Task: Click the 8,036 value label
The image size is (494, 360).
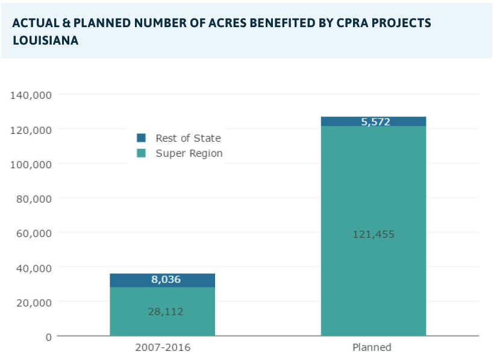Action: [166, 280]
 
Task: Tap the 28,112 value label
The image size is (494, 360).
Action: [166, 312]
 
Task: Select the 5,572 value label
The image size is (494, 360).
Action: [376, 122]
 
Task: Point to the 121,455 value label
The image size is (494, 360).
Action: [374, 234]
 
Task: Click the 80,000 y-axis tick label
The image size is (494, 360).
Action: [34, 198]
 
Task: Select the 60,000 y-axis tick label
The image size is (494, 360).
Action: [34, 233]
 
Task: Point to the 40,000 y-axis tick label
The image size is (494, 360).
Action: [34, 267]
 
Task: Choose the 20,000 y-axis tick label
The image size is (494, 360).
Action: [34, 302]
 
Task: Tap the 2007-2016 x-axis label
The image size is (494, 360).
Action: [162, 347]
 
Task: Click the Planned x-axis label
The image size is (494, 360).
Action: [372, 347]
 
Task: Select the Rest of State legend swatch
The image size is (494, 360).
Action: [142, 138]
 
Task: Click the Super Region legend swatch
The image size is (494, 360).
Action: [142, 153]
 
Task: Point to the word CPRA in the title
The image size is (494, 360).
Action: [344, 23]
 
